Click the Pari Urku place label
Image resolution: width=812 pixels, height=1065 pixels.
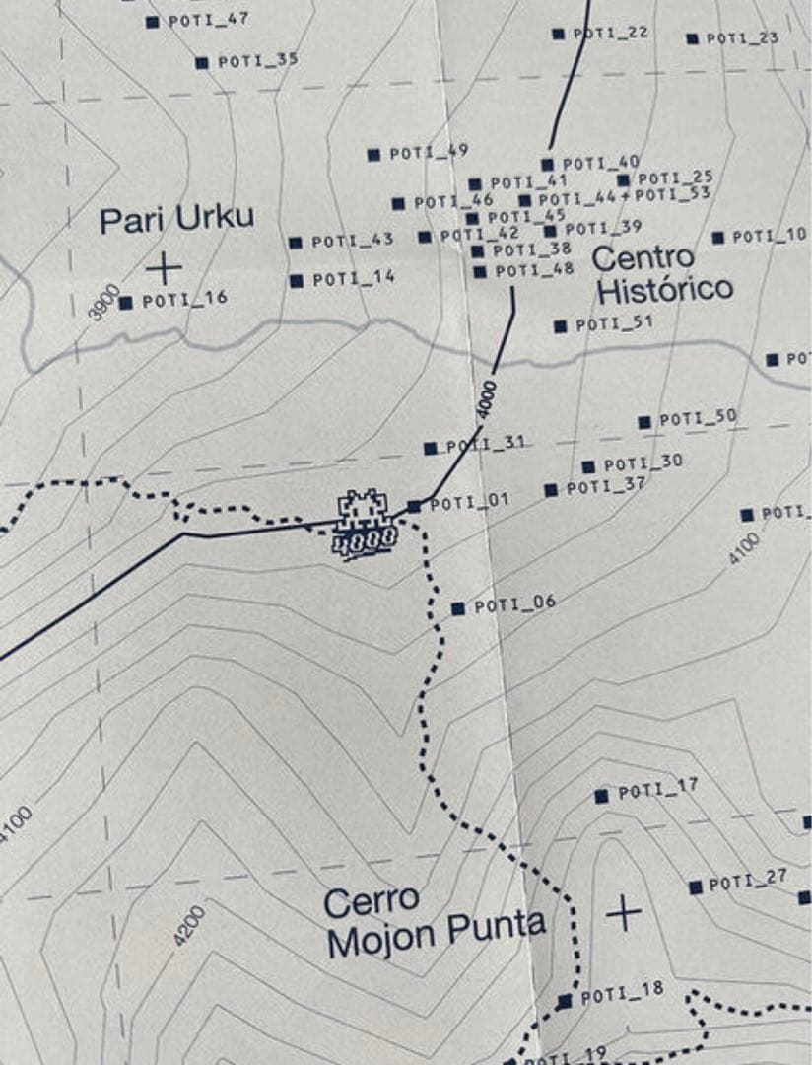(x=176, y=219)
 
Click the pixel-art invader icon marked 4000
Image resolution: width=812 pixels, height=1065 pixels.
(x=366, y=524)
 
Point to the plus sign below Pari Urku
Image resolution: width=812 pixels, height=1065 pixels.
(x=164, y=267)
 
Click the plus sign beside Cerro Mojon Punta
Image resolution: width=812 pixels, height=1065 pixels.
(x=623, y=913)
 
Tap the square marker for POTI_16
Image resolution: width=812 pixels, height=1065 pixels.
(x=125, y=303)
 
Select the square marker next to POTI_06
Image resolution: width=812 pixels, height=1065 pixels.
(x=457, y=608)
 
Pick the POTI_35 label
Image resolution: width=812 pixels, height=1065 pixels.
(x=257, y=61)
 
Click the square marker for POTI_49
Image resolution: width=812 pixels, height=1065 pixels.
(x=373, y=155)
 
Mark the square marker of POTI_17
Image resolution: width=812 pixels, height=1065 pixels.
(x=601, y=796)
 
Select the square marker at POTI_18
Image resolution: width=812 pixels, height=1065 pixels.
(x=565, y=1001)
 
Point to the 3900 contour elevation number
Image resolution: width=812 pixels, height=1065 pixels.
(x=103, y=302)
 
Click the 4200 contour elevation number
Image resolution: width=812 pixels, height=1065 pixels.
(x=189, y=926)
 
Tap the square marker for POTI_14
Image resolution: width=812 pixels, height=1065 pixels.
(x=296, y=281)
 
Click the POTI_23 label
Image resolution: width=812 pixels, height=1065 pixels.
(x=742, y=38)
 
